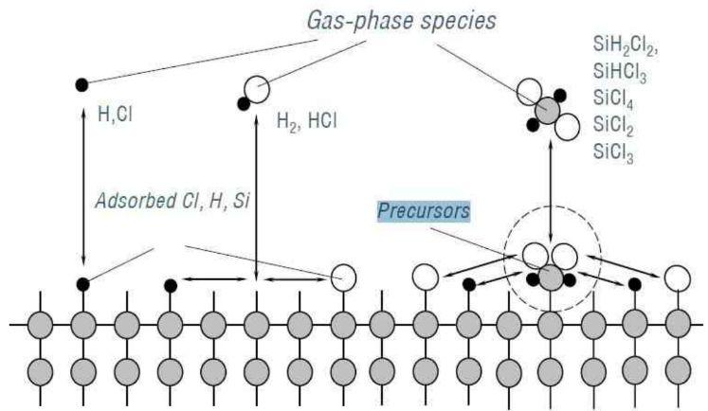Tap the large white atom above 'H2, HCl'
tap(256, 88)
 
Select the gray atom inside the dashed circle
tap(551, 277)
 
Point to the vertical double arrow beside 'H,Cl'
tap(83, 180)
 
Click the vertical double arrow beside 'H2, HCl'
tap(256, 189)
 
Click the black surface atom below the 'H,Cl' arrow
tap(83, 283)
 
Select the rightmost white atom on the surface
tap(676, 277)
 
